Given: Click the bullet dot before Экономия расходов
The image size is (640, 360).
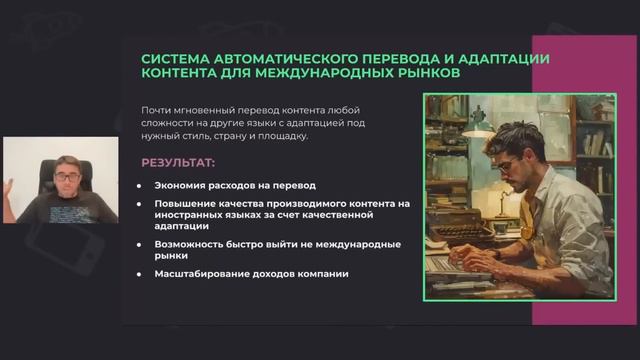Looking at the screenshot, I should pyautogui.click(x=140, y=186).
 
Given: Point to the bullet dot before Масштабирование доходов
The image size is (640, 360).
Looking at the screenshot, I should pyautogui.click(x=140, y=275).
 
